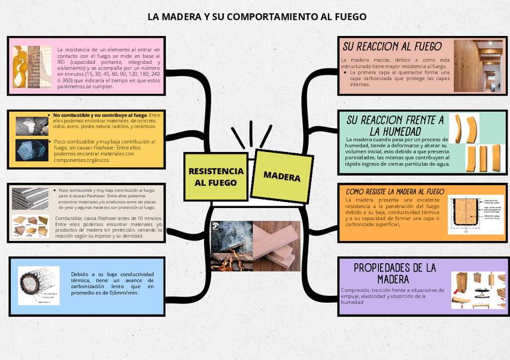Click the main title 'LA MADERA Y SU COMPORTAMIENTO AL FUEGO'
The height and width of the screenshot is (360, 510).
click(257, 16)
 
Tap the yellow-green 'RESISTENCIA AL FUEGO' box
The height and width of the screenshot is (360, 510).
click(216, 176)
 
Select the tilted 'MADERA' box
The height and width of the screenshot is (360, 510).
click(281, 176)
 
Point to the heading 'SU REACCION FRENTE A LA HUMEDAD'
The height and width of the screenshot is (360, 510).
click(395, 125)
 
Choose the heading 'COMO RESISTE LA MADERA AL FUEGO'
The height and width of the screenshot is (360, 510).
click(395, 191)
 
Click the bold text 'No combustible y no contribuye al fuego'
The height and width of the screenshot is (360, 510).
click(100, 115)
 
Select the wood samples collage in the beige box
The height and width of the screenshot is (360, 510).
click(31, 227)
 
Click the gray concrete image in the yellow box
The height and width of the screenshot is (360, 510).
click(31, 124)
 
